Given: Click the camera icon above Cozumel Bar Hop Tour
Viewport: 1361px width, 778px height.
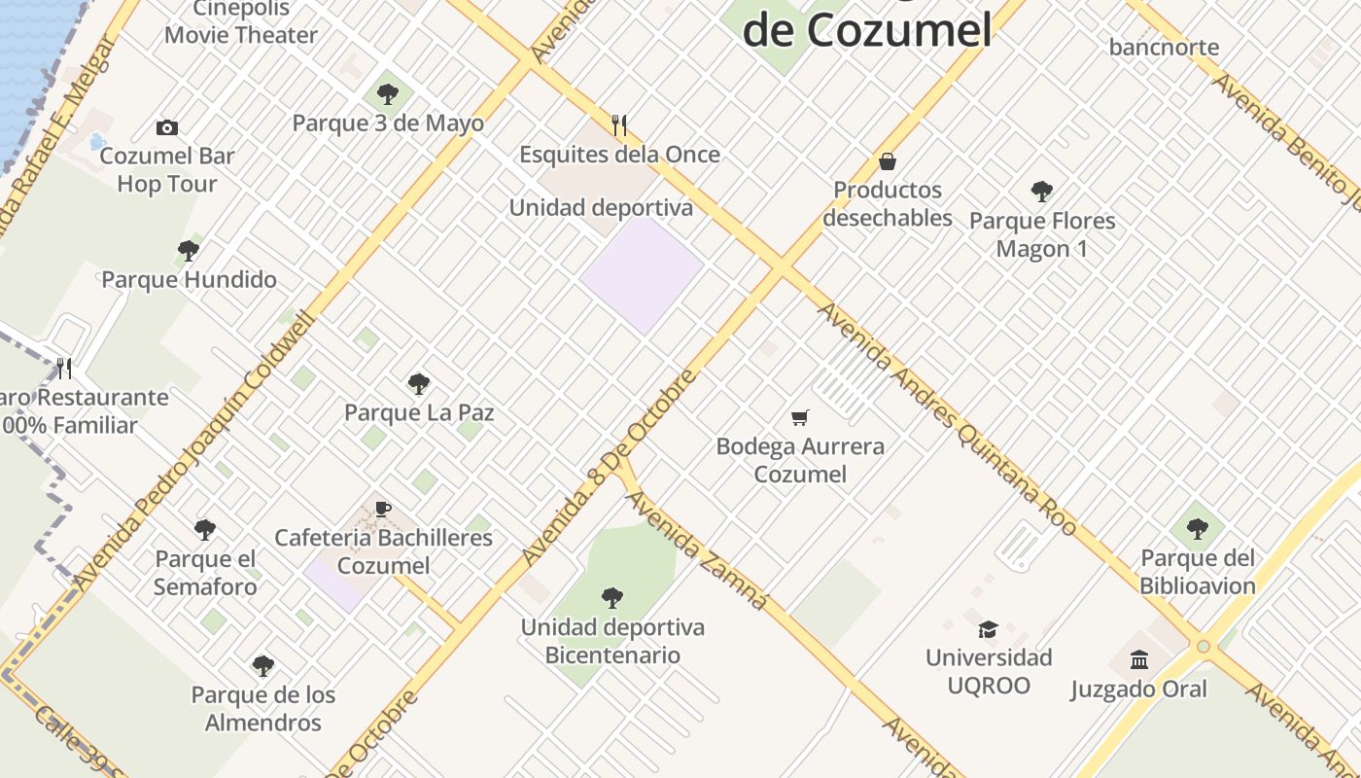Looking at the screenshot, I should point(167,127).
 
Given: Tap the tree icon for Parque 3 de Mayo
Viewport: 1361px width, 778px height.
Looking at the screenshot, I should point(388,94).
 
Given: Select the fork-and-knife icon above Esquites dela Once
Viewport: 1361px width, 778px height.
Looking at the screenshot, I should point(619,124).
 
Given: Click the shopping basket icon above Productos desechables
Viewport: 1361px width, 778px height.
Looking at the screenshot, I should point(887,160).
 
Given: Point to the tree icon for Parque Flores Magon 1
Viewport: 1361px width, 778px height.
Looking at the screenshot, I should point(1042,191).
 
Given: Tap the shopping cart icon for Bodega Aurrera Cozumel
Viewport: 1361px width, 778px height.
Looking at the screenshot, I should point(800,417).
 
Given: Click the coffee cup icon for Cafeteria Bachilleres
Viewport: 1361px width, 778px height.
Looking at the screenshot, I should point(383,509).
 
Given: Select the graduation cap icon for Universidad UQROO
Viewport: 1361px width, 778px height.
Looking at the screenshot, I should point(988,629).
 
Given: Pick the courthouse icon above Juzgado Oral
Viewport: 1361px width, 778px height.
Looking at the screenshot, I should point(1139,660).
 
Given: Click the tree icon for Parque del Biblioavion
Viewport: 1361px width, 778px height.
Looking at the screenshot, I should point(1198,528).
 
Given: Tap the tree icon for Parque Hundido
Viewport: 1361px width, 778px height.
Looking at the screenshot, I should point(189,251).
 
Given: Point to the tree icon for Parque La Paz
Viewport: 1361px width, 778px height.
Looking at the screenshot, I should point(419,383).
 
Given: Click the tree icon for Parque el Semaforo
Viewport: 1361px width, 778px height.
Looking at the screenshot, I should point(205,530).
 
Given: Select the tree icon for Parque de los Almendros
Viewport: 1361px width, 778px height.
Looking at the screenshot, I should point(263,666).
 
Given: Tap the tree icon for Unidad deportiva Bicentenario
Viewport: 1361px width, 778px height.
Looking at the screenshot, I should point(611,597).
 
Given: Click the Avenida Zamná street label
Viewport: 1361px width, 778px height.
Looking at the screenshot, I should point(696,549).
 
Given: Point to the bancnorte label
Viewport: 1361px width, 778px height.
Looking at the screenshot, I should point(1164,47).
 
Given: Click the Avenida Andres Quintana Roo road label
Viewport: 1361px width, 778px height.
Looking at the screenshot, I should point(948,418).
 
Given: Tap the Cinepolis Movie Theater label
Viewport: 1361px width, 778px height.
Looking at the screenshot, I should point(241,22).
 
